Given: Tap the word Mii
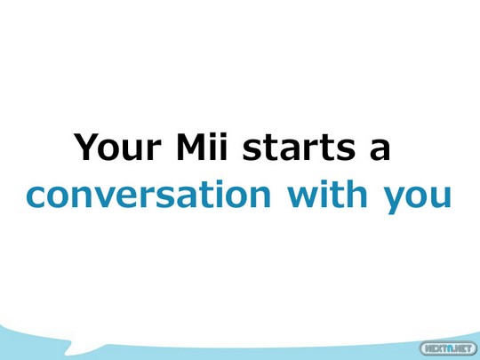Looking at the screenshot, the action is tap(202, 147).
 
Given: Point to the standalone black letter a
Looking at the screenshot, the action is tap(380, 150).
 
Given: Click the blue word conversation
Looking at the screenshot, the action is tap(148, 194).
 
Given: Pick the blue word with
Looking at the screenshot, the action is tap(327, 193).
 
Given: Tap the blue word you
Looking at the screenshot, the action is tap(418, 198).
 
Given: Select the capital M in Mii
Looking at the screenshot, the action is tap(192, 147).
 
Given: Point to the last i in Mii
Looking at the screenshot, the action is tap(223, 147).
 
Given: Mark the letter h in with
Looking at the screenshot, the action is tap(357, 194).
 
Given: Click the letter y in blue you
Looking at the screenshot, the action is tap(395, 201).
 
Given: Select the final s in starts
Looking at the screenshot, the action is tap(347, 151).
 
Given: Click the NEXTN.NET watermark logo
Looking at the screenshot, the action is tap(449, 348).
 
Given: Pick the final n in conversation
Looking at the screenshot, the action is tap(260, 197).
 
